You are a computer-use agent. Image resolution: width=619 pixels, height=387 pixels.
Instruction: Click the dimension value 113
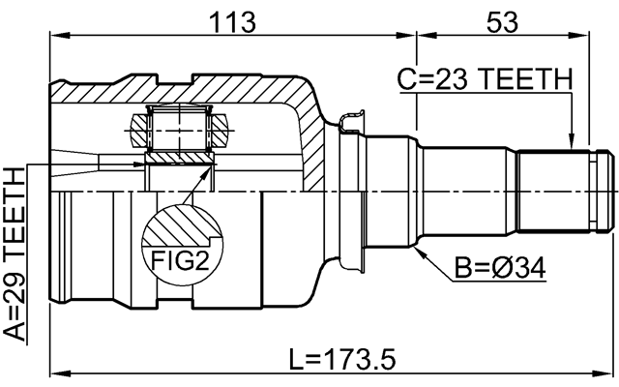coord(232,19)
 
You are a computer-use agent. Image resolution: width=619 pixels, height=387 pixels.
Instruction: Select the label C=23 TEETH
coord(484,80)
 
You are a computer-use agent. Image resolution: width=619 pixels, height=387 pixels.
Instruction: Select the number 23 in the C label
coord(447,80)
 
